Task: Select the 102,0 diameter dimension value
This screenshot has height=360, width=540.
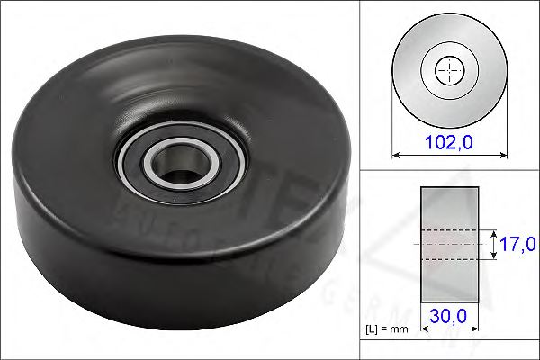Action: coord(447,141)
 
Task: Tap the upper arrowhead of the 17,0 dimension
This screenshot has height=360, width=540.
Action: coord(494,232)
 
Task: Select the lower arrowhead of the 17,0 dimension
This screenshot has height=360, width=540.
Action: coord(494,256)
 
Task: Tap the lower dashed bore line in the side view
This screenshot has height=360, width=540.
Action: coord(447,259)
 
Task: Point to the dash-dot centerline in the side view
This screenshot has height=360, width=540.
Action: coord(447,244)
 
